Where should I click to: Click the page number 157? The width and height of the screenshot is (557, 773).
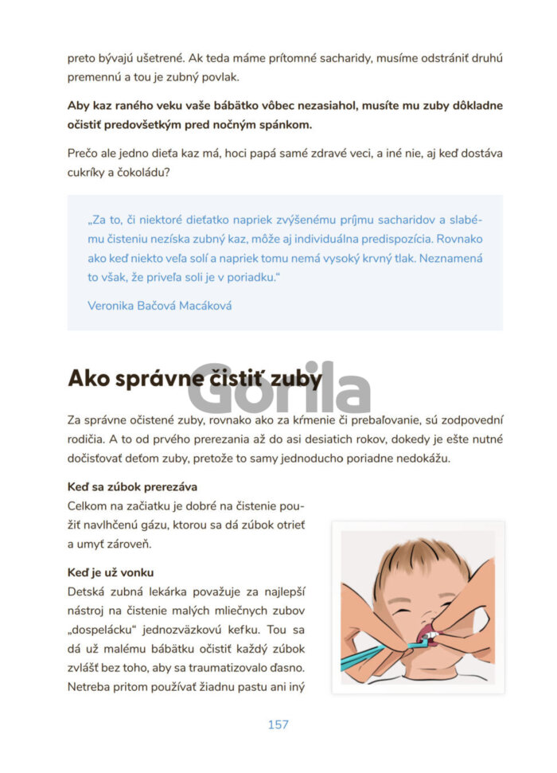(x=278, y=724)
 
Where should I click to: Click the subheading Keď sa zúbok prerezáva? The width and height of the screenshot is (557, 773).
(x=132, y=486)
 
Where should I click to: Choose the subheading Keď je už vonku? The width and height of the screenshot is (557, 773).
(x=111, y=572)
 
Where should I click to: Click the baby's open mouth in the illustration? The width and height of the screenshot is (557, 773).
(x=425, y=634)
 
